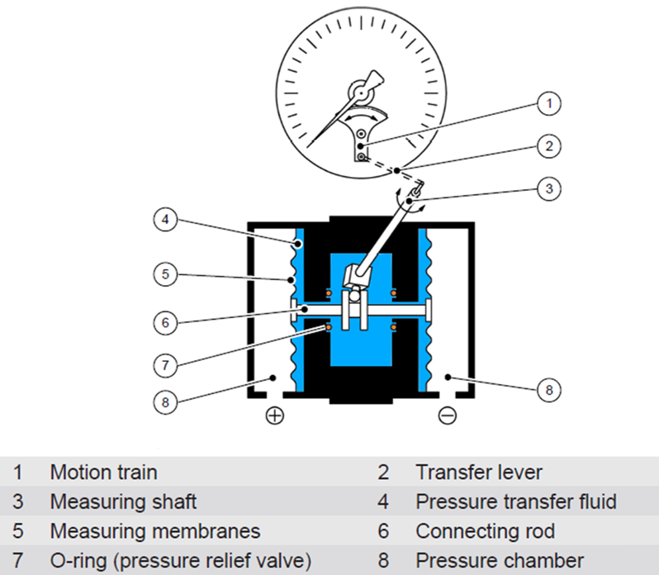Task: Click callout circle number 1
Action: pos(548,104)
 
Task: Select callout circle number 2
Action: pos(548,147)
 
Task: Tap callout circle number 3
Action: pos(548,188)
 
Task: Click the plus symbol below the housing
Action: pos(273,416)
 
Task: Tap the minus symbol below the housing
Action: pos(447,416)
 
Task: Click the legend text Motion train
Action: pos(103,473)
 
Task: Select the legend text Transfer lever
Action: pos(479,473)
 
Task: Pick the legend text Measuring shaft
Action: pos(123,501)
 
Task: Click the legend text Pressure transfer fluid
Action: pos(516,501)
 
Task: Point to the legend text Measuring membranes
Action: pos(154,530)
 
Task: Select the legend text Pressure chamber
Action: pos(500,560)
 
